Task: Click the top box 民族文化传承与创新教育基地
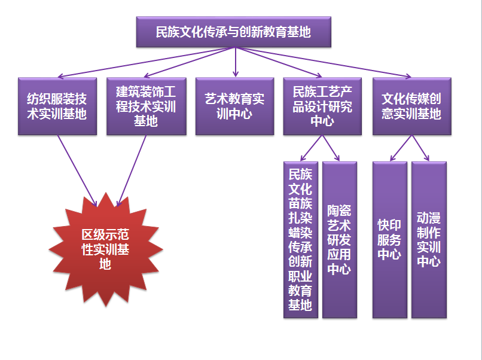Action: tap(233, 32)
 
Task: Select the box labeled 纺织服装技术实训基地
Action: tap(57, 106)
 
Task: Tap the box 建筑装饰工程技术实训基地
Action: tap(146, 106)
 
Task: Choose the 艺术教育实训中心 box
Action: tap(234, 106)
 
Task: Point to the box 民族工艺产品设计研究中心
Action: tap(323, 106)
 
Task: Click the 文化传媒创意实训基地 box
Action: tap(411, 106)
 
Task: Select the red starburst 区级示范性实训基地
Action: tap(105, 248)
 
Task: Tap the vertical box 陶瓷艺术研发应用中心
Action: tap(339, 239)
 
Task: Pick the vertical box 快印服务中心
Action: tap(389, 239)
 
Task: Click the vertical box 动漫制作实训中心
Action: tap(429, 239)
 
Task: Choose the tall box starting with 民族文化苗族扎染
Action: tap(300, 239)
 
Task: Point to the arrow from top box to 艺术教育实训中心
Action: tap(234, 62)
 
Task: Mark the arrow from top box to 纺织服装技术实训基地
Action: tap(144, 62)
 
